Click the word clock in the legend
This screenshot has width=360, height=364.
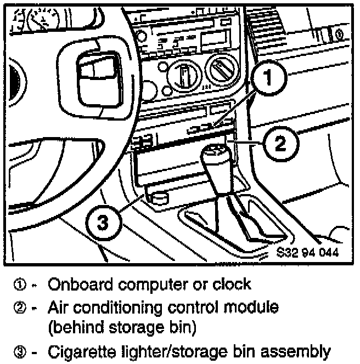(233, 285)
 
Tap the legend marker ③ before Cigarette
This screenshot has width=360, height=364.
(19, 350)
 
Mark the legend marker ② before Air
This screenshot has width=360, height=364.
(19, 307)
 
